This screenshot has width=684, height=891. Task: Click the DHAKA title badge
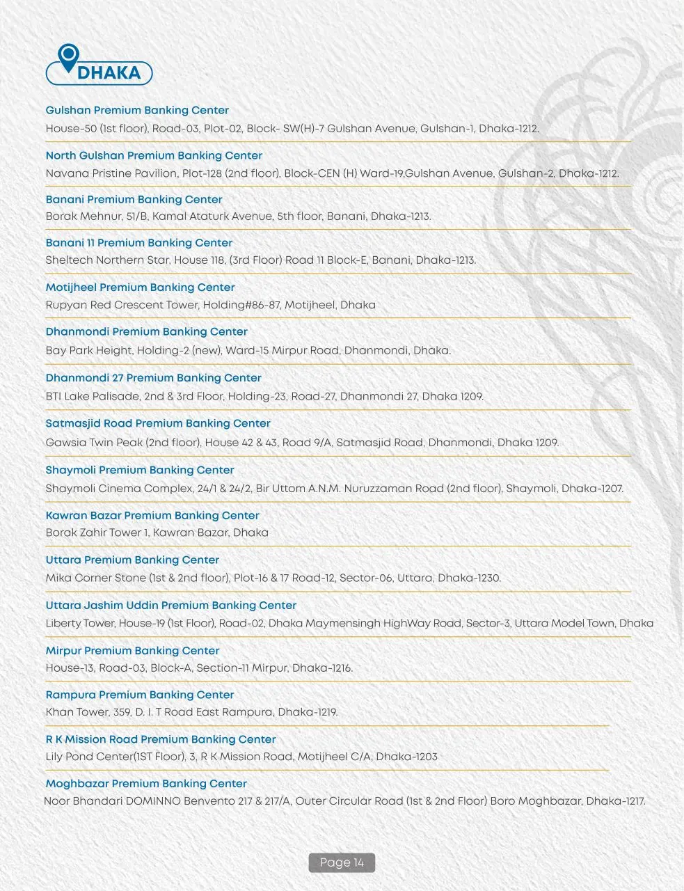[108, 73]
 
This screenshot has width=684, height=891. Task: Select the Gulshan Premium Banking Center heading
[137, 111]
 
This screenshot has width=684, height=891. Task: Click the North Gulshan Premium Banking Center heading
[154, 156]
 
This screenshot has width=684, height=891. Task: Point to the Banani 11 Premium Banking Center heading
[138, 243]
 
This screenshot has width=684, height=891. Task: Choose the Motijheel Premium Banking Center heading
[140, 287]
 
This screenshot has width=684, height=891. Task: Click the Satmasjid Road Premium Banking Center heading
[158, 423]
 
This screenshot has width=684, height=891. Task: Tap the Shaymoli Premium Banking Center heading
[140, 471]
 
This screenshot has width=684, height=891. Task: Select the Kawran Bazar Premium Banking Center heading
[152, 516]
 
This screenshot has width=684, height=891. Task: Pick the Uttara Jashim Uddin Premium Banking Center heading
[171, 606]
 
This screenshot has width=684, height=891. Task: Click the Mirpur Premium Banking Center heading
[132, 651]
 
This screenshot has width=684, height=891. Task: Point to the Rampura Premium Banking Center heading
[140, 695]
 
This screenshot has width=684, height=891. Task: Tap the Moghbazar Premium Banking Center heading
[146, 784]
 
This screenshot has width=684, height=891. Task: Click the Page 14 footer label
[342, 863]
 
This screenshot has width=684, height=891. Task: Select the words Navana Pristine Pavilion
[111, 173]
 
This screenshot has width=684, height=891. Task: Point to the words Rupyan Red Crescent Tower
[122, 305]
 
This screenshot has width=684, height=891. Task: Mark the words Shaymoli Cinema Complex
[120, 489]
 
